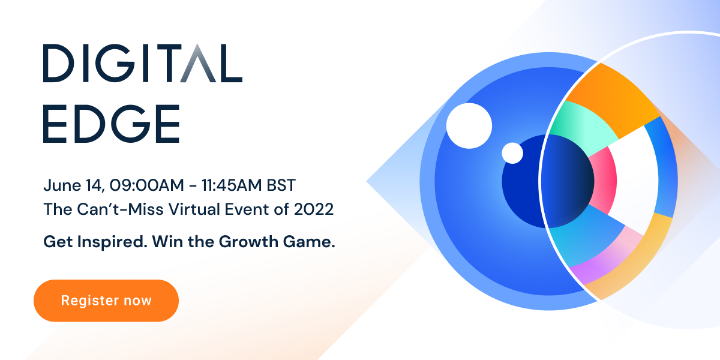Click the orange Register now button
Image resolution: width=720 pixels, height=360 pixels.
[x=106, y=301]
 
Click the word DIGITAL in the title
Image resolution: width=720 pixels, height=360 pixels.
[x=143, y=63]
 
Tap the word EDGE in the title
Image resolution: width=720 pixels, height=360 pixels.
[x=111, y=124]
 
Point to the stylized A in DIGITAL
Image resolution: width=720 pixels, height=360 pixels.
[x=197, y=63]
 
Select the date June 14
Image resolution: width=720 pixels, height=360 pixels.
[x=74, y=186]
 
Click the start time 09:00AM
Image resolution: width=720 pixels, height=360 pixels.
[x=146, y=185]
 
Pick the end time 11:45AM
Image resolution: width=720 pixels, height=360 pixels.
[x=232, y=185]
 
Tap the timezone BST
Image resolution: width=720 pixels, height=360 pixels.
[x=281, y=185]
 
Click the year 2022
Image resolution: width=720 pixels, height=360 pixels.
[x=314, y=209]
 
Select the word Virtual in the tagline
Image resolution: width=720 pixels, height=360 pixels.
[x=194, y=209]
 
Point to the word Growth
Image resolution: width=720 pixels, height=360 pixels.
[x=248, y=241]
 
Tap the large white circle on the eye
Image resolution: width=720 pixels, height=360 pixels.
[x=469, y=125]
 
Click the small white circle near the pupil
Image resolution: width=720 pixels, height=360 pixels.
[x=512, y=153]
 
